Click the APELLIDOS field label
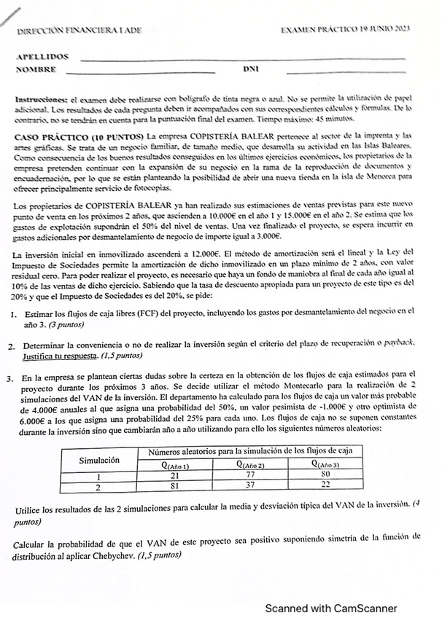[x=42, y=56]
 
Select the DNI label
[x=250, y=70]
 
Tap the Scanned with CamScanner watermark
[x=330, y=608]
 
